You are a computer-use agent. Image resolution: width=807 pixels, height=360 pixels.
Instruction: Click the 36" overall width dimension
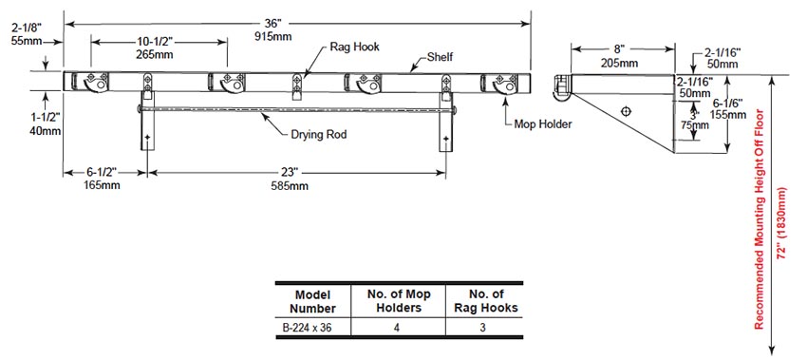(272, 24)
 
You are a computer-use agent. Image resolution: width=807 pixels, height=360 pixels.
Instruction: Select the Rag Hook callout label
(354, 47)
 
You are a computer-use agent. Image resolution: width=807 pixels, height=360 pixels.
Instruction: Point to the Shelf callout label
(440, 57)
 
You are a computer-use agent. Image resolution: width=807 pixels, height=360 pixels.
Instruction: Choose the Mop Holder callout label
(543, 124)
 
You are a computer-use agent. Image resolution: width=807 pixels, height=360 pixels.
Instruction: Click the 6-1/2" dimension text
(102, 173)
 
